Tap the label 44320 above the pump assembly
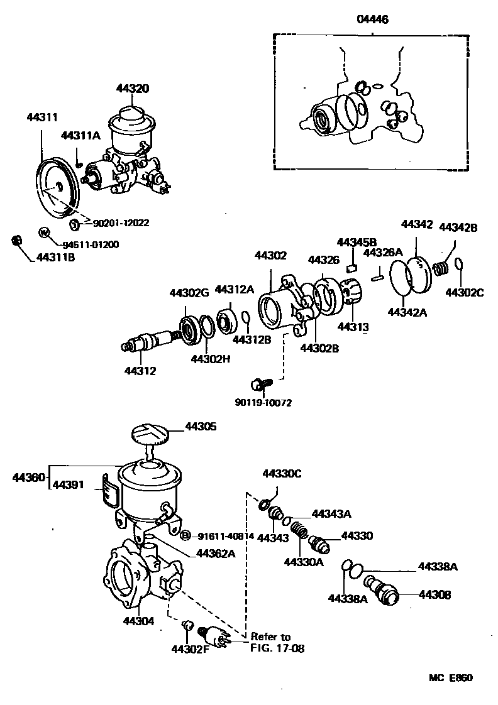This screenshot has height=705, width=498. pos(132,89)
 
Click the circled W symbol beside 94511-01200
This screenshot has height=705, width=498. pos(44,232)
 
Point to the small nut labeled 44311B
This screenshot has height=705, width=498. pos(18,241)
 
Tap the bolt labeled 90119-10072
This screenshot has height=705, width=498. pos(259,381)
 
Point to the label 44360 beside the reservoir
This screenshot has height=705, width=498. pos(28,478)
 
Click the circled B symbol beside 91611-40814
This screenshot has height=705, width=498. pos(185,536)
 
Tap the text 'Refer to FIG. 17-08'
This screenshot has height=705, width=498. pos(277,642)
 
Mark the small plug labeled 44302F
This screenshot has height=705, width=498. pos(186,625)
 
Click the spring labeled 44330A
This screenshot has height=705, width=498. pos(301,535)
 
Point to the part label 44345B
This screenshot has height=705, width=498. pos(357,241)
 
